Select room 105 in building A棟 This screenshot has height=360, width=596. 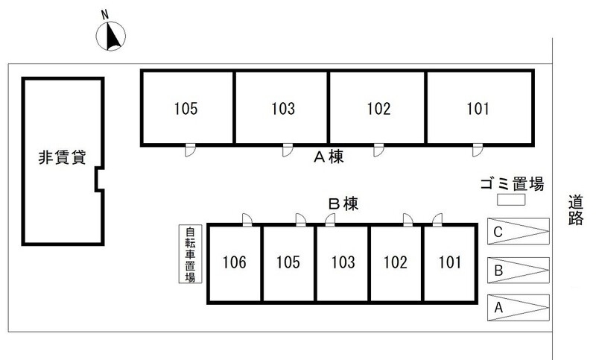click(x=188, y=108)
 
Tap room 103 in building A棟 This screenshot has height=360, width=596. click(x=282, y=108)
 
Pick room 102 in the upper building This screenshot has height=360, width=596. click(x=378, y=108)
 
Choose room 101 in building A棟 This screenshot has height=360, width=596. click(x=479, y=108)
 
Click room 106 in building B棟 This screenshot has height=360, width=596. click(x=235, y=263)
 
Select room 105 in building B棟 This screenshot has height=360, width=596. click(x=289, y=263)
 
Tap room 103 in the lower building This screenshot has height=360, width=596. click(x=343, y=263)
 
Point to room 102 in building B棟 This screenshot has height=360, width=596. click(x=396, y=263)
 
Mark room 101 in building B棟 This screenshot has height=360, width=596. click(x=450, y=263)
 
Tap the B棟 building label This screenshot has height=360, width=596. click(x=344, y=203)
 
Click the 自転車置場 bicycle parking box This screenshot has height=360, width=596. click(x=190, y=255)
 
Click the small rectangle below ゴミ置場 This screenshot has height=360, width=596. click(x=512, y=200)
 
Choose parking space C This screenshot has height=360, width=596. click(x=518, y=231)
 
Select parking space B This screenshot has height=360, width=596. click(x=518, y=269)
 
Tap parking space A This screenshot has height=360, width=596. click(x=518, y=307)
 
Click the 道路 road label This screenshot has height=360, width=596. click(x=575, y=211)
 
